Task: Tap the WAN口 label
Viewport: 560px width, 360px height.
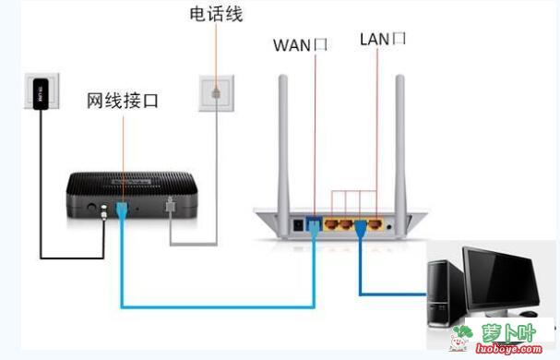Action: click(300, 44)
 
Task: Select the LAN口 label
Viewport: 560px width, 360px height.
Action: click(382, 40)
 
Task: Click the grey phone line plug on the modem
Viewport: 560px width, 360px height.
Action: click(169, 207)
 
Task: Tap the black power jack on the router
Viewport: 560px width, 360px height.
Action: click(297, 223)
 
